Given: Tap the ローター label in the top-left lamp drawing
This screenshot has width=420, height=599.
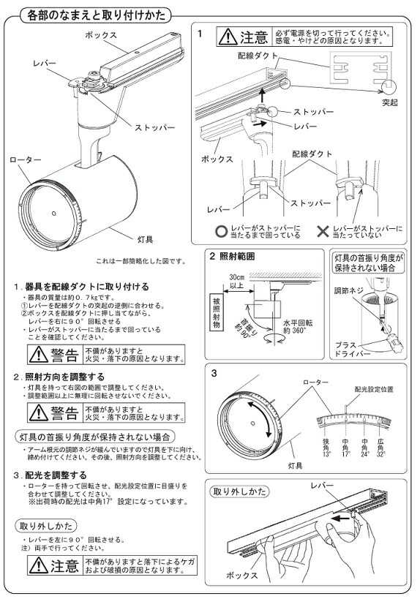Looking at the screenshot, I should click(x=25, y=159).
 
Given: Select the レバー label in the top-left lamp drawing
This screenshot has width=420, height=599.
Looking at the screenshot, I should click(x=45, y=64).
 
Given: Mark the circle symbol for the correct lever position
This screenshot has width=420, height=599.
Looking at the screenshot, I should click(x=221, y=231).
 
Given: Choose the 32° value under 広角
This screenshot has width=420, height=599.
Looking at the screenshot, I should click(x=380, y=453).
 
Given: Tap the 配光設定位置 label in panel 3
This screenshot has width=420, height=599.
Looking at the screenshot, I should click(x=373, y=390).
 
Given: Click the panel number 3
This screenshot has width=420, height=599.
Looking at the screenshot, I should click(x=214, y=374).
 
